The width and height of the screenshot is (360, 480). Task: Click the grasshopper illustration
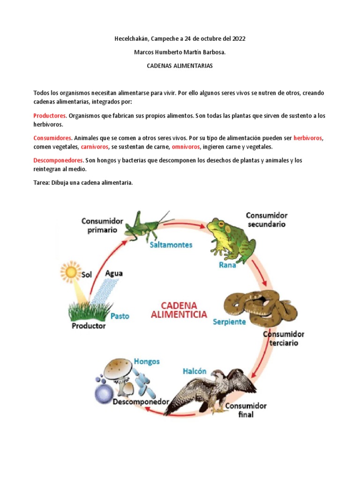[147, 225]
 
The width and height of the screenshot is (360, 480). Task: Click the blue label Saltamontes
[171, 245]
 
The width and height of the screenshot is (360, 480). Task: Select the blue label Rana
[227, 265]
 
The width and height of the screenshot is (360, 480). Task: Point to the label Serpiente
[229, 322]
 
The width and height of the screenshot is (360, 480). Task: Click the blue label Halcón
[194, 371]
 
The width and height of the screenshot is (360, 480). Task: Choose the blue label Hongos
[147, 361]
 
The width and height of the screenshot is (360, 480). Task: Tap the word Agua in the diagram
[114, 273]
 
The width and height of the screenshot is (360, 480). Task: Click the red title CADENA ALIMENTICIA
[179, 310]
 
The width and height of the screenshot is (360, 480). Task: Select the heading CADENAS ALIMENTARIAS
[180, 66]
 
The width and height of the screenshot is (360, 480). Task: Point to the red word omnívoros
[186, 147]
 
